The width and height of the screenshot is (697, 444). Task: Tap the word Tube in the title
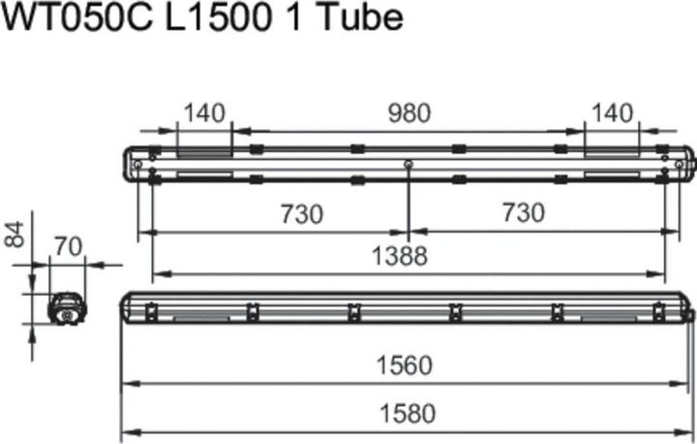[360, 19]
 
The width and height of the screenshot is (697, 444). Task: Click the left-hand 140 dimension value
[203, 113]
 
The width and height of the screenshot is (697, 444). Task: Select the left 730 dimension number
[302, 213]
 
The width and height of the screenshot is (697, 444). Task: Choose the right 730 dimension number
[523, 213]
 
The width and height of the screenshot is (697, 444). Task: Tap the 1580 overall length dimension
[406, 414]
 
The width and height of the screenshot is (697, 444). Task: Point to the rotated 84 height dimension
[15, 233]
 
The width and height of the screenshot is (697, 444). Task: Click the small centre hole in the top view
[409, 165]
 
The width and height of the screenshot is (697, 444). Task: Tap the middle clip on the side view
[353, 310]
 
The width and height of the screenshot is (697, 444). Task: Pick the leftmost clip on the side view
[151, 310]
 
